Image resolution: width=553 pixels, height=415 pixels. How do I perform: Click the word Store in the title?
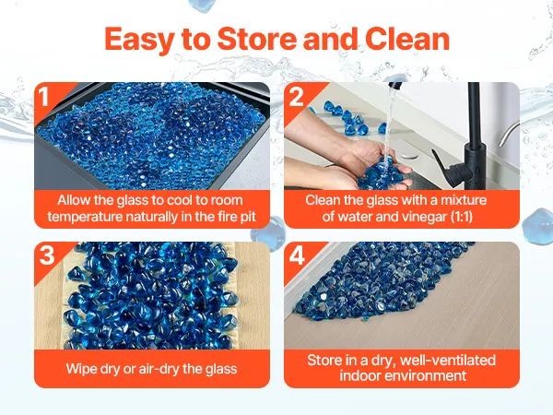(x=257, y=39)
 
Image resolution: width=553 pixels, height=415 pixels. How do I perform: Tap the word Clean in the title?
(x=407, y=39)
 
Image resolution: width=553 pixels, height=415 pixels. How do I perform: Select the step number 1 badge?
(x=43, y=96)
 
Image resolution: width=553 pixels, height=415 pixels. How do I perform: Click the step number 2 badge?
(x=296, y=96)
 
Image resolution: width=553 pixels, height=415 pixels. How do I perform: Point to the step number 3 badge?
(x=47, y=255)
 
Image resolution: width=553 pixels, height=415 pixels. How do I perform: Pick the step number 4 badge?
(x=297, y=255)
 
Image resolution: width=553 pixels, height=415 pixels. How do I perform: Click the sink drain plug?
(x=409, y=155)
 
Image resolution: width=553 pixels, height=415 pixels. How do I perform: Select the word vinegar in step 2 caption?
(x=422, y=217)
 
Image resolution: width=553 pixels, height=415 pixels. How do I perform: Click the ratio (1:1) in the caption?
(x=462, y=217)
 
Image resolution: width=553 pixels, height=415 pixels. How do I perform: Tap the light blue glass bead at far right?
(x=537, y=227)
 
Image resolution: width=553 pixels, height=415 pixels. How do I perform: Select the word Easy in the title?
(x=139, y=40)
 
